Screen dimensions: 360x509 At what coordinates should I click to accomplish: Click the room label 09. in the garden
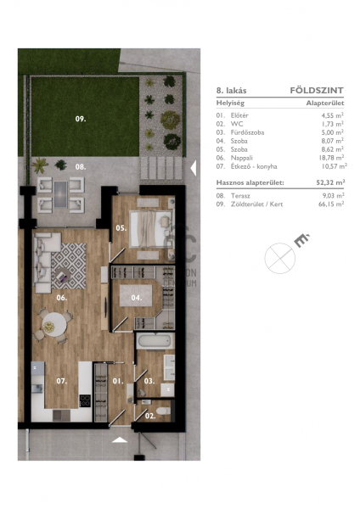click(x=81, y=119)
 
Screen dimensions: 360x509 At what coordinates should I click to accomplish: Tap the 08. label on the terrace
click(x=81, y=167)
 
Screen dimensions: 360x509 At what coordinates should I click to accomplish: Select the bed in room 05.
click(x=150, y=229)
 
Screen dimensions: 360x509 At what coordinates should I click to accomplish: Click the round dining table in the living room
click(x=54, y=322)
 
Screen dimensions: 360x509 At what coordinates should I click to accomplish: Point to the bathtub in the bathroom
click(x=155, y=342)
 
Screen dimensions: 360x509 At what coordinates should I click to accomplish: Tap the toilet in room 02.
click(x=163, y=411)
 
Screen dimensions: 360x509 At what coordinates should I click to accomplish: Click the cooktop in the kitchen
click(x=85, y=400)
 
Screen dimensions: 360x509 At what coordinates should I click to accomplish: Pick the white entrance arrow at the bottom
click(x=120, y=439)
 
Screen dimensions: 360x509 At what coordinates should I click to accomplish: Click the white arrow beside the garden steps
click(x=193, y=168)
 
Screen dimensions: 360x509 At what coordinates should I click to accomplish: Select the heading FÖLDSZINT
click(x=317, y=90)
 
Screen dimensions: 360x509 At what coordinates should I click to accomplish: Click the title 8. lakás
click(x=231, y=91)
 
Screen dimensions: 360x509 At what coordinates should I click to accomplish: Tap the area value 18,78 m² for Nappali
click(x=331, y=158)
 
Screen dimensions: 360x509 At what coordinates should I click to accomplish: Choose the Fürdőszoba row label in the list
click(x=247, y=132)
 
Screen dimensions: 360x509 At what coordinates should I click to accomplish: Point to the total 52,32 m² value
click(x=330, y=182)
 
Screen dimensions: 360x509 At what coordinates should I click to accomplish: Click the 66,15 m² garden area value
click(x=331, y=204)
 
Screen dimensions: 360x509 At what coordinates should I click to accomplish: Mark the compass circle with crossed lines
click(x=279, y=259)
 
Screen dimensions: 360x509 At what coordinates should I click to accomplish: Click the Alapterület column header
click(x=325, y=103)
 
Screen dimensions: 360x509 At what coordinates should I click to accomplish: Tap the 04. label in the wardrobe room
click(x=137, y=298)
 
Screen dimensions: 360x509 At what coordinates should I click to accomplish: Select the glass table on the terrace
click(x=60, y=194)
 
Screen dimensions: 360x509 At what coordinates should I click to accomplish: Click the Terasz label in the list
click(x=240, y=196)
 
